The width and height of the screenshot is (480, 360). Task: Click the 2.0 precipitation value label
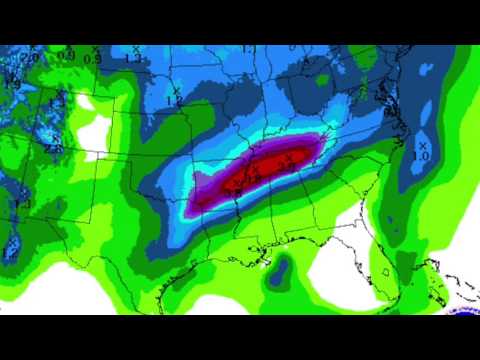click(30, 57)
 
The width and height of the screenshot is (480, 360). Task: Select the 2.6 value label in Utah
click(55, 149)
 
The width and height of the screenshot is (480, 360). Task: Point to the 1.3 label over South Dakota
click(133, 57)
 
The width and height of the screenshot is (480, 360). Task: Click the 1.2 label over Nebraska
click(174, 100)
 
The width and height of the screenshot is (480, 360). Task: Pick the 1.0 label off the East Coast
click(422, 155)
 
